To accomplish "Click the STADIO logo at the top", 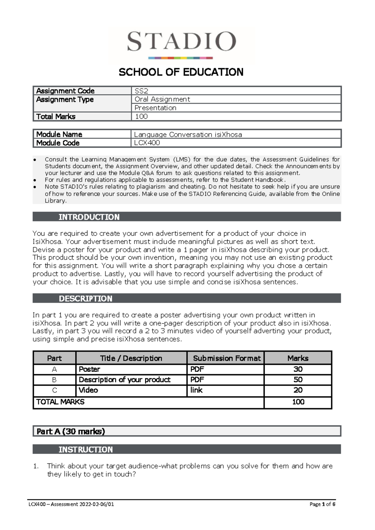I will tap(181, 44).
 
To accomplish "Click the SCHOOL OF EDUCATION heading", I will tap(181, 72).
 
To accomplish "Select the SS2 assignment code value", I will tap(141, 91).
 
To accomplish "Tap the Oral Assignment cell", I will tap(162, 99).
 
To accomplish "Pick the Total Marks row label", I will tap(56, 117).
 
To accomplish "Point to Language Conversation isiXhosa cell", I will tap(188, 135).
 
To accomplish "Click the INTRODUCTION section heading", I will tap(89, 217).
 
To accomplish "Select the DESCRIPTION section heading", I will tap(85, 298).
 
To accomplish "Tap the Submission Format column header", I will tap(227, 358).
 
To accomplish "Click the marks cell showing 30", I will tap(298, 369).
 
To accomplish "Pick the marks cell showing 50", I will tap(298, 380).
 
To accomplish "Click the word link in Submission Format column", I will tap(196, 390).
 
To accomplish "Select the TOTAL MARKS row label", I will tap(60, 402).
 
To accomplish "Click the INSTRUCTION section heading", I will tap(86, 449).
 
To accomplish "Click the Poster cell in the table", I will tap(89, 369).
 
